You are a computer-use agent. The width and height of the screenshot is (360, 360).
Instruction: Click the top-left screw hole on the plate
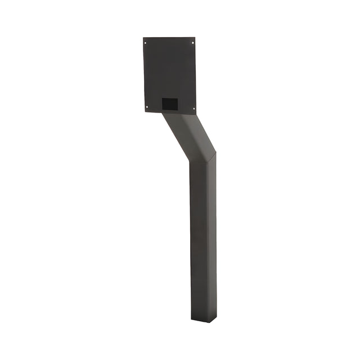[146, 43]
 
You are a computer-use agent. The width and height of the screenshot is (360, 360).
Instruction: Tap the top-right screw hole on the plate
[192, 43]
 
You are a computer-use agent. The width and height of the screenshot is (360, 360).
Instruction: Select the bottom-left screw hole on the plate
[147, 107]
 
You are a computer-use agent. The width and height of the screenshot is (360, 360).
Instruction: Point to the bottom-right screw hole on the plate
[193, 109]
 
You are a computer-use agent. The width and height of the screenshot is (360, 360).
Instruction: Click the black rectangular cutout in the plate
[170, 104]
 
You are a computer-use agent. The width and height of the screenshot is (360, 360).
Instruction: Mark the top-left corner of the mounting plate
[143, 38]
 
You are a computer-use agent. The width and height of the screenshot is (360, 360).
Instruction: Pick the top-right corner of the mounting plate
[195, 38]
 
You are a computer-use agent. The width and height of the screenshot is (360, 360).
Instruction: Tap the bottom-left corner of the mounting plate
[143, 111]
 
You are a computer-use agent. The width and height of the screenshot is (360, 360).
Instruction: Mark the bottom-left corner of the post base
[191, 319]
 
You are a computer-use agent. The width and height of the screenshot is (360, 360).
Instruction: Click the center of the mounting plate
[169, 75]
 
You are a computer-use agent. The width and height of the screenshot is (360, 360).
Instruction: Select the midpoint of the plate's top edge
[169, 38]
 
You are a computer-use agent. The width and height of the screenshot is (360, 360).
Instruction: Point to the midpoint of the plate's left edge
[143, 74]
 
